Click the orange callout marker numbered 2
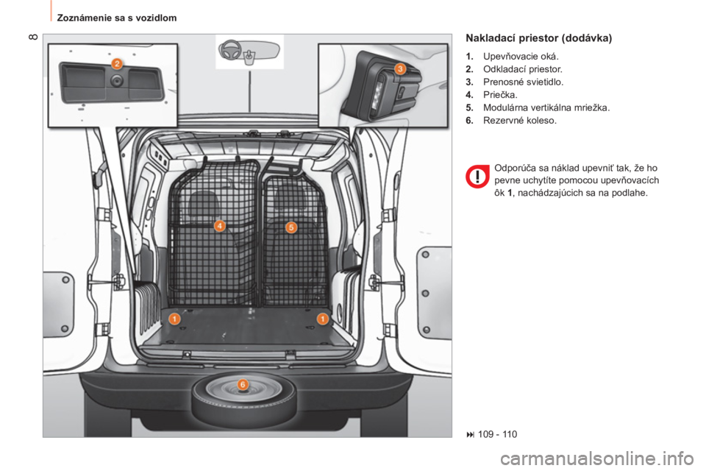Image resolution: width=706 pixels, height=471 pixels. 117,63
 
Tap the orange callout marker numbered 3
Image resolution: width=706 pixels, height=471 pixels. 400,69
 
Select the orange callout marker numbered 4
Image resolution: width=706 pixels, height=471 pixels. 219,225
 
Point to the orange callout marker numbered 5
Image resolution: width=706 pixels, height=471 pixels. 291,227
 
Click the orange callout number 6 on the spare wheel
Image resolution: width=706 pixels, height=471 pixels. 242,384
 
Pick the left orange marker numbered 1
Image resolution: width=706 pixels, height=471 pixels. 174,319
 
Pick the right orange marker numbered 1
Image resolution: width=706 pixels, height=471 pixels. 322,319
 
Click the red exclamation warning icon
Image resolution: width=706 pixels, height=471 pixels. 477,177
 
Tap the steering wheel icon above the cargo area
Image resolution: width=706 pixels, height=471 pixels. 230,50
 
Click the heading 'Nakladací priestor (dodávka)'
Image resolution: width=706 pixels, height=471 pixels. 539,38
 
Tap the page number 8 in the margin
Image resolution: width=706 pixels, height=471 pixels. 33,37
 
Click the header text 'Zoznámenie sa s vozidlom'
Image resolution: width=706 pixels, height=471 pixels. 117,18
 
